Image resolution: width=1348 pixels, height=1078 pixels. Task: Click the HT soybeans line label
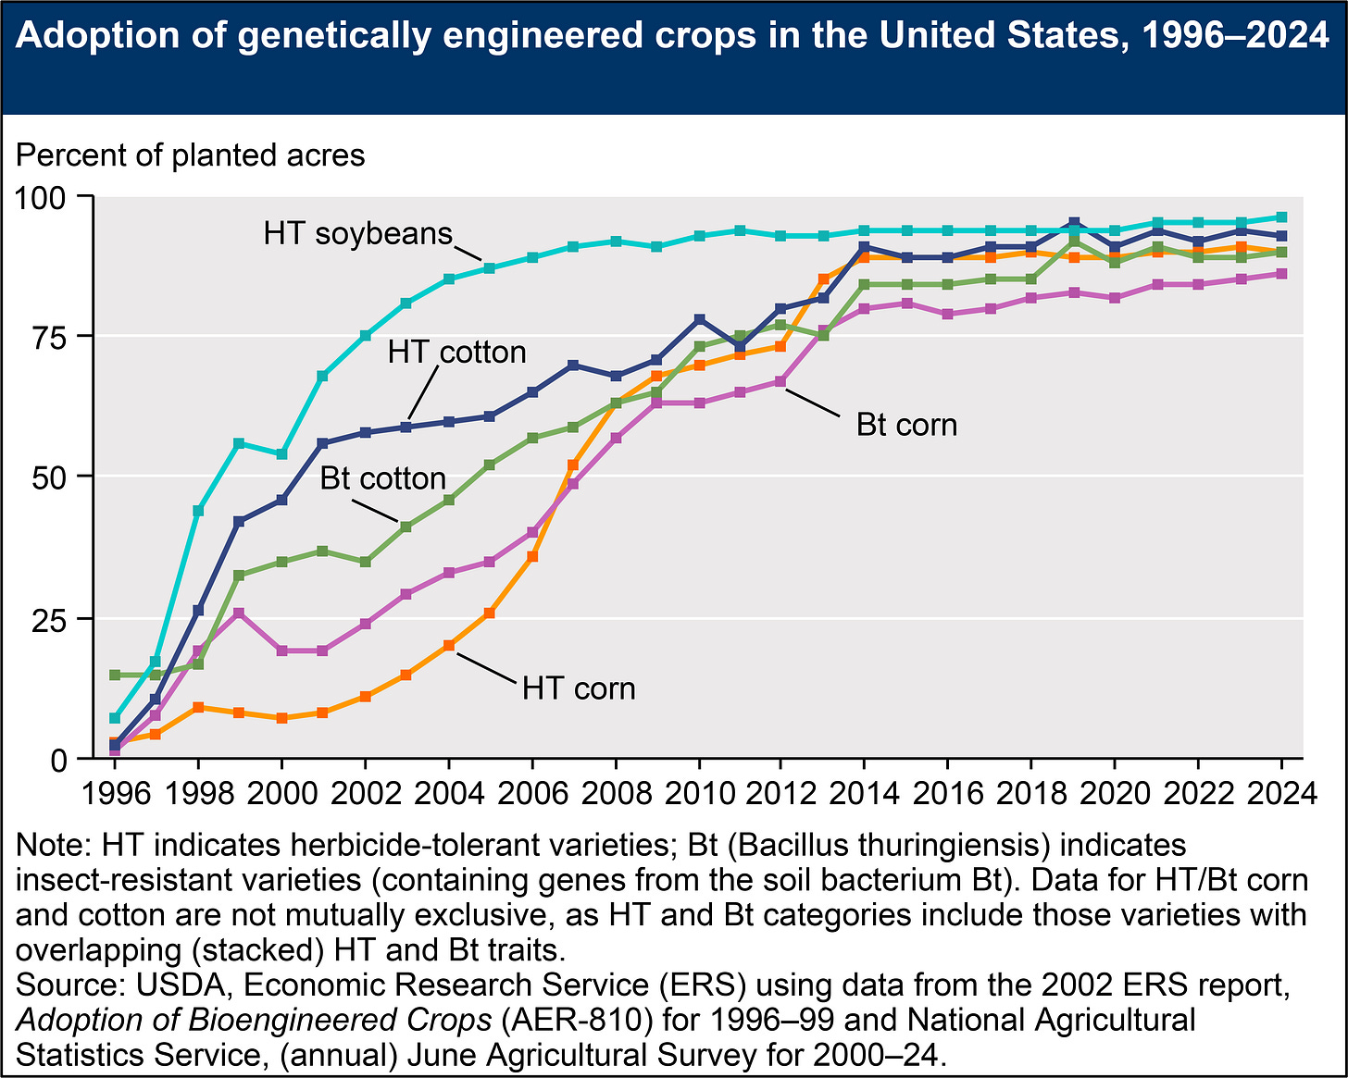[x=357, y=233]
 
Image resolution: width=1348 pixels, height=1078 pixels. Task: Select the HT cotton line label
[x=456, y=353]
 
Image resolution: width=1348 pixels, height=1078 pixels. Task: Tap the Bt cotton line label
[x=383, y=478]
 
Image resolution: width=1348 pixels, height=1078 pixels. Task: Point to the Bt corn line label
[x=906, y=425]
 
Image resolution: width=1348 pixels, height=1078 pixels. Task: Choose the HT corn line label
[x=579, y=688]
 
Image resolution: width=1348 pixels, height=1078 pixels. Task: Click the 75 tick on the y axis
[x=48, y=337]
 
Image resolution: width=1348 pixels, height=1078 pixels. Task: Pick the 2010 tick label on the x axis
[x=699, y=794]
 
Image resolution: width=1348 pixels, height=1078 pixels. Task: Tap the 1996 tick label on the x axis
[x=115, y=794]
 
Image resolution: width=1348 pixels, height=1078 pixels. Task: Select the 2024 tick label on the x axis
[x=1281, y=794]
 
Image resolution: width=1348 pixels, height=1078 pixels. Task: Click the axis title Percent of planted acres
[x=191, y=155]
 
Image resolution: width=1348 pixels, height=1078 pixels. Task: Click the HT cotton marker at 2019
[x=1073, y=223]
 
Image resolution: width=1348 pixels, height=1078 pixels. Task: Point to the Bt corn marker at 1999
[x=240, y=613]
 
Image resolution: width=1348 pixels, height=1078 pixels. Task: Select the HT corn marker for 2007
[x=573, y=465]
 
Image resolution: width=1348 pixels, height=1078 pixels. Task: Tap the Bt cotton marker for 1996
[x=115, y=675]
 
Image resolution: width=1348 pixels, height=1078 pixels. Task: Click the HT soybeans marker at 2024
[x=1281, y=217]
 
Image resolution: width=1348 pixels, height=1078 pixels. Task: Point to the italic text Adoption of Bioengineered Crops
[x=255, y=1020]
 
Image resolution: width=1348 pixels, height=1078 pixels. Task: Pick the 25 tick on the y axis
[x=48, y=619]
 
